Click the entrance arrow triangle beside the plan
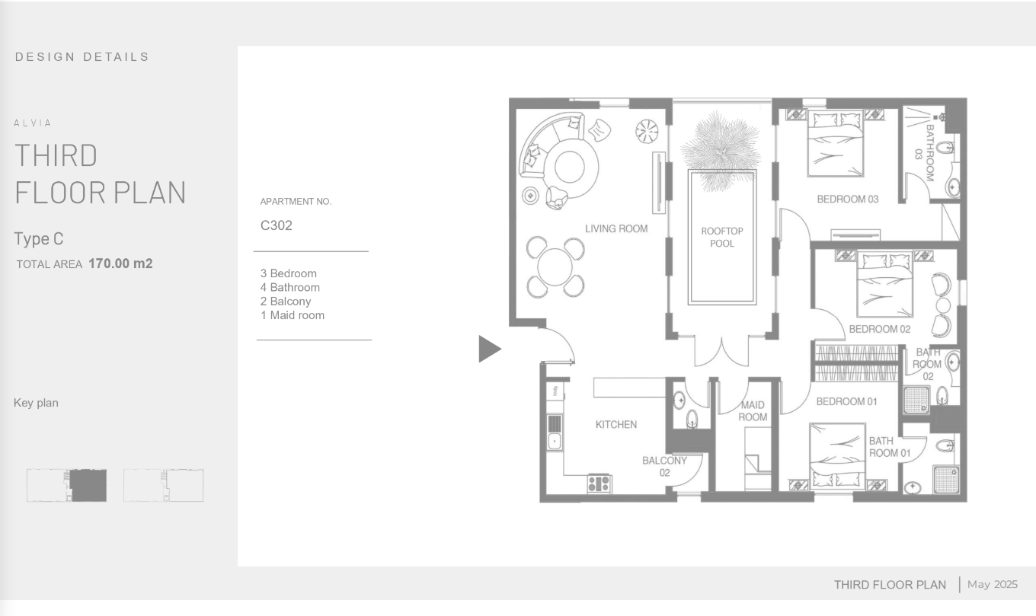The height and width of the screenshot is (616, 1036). click(x=488, y=349)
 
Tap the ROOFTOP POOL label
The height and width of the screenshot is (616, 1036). click(x=722, y=238)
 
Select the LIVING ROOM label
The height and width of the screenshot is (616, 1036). click(x=616, y=228)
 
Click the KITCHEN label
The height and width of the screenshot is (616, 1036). click(x=616, y=425)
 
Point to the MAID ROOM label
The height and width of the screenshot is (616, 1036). click(x=753, y=411)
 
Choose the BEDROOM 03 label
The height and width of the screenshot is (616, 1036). click(x=847, y=199)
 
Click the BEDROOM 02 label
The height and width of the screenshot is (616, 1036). click(x=880, y=329)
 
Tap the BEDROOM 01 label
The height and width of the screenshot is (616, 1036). click(x=846, y=401)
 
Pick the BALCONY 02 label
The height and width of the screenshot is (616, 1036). click(x=664, y=467)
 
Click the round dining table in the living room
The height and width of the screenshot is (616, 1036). click(x=555, y=267)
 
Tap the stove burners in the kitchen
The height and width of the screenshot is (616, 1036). click(x=600, y=484)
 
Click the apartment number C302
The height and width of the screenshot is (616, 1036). click(x=276, y=225)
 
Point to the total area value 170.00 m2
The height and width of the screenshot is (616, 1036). click(x=120, y=263)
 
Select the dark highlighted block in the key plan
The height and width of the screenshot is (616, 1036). click(x=88, y=486)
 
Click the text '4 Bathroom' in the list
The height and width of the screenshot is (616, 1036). click(x=290, y=288)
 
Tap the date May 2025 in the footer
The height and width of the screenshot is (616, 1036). click(x=993, y=585)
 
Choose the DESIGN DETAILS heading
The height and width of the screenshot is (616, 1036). click(x=82, y=57)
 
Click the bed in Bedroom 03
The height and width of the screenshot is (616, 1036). click(x=835, y=143)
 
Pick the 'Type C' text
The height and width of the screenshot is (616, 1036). click(x=38, y=239)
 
